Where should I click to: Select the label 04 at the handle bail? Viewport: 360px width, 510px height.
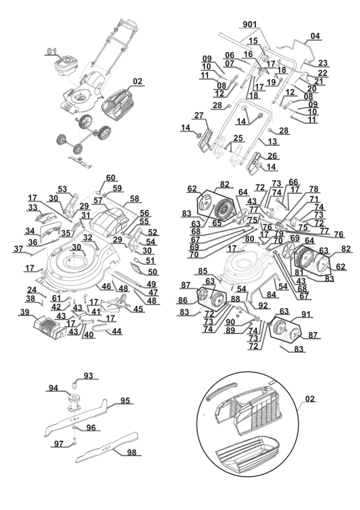tap(316, 36)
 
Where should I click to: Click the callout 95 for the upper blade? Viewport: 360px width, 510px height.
tap(126, 401)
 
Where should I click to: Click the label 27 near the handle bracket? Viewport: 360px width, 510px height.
tap(199, 115)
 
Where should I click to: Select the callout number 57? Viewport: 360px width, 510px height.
tap(97, 201)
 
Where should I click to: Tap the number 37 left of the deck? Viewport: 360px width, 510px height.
tap(18, 249)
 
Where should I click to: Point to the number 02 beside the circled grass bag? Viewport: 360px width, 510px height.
tap(311, 398)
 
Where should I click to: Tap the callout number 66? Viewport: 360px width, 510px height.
tap(293, 183)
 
